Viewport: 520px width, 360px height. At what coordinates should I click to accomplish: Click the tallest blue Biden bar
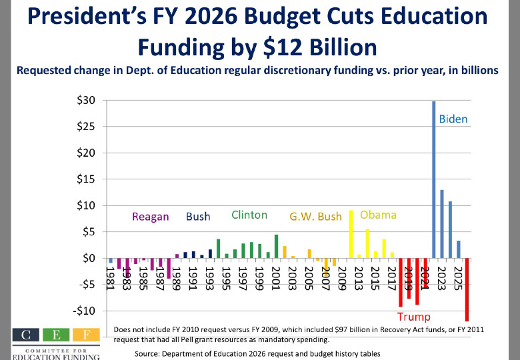tap(433, 179)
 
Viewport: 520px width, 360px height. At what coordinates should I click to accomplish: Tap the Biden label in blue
tap(453, 119)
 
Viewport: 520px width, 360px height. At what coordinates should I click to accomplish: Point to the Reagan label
tap(150, 217)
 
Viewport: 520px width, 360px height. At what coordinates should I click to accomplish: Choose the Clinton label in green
tap(249, 215)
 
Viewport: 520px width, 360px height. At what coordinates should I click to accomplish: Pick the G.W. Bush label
tap(315, 217)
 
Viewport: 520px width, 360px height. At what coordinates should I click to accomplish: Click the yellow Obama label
tap(378, 215)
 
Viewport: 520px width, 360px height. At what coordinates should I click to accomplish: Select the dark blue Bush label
tap(198, 217)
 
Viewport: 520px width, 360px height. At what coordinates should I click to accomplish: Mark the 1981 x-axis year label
tap(111, 274)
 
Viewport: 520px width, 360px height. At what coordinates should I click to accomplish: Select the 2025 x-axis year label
tap(459, 274)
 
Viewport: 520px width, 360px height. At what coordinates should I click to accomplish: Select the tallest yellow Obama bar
tap(351, 234)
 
